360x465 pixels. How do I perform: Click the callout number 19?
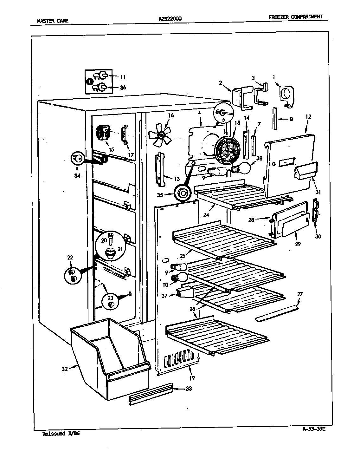click(192, 378)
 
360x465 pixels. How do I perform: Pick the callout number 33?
click(188, 389)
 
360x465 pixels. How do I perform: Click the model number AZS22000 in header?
click(170, 19)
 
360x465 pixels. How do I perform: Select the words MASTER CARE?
click(53, 22)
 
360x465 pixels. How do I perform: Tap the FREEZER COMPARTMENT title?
click(295, 17)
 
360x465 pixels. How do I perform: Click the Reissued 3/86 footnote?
click(61, 433)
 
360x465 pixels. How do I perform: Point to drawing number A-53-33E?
click(315, 430)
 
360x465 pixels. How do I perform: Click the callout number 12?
click(309, 117)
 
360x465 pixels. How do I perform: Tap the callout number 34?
click(77, 176)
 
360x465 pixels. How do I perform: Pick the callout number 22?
click(70, 257)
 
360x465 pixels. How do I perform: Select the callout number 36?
click(123, 87)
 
